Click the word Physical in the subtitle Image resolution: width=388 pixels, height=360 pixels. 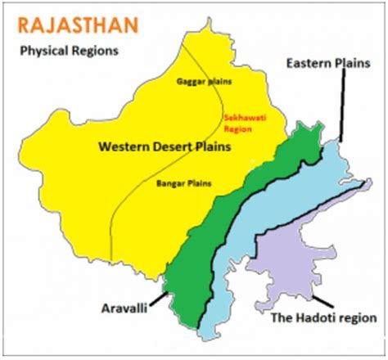click(42, 52)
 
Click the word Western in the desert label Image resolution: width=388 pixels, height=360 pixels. click(123, 148)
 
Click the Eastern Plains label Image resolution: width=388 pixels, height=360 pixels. click(327, 62)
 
